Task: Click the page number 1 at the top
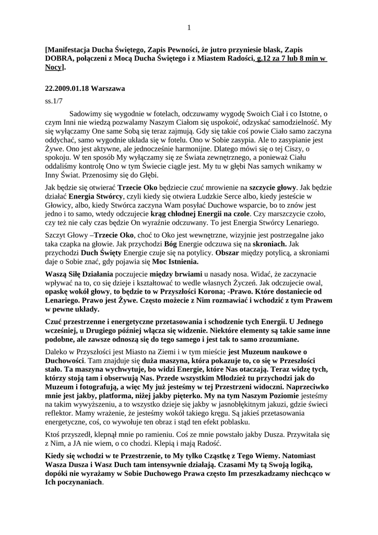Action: click(x=189, y=28)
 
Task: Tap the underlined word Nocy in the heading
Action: click(x=54, y=68)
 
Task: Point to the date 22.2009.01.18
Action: click(x=67, y=89)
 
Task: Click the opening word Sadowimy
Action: click(x=86, y=113)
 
